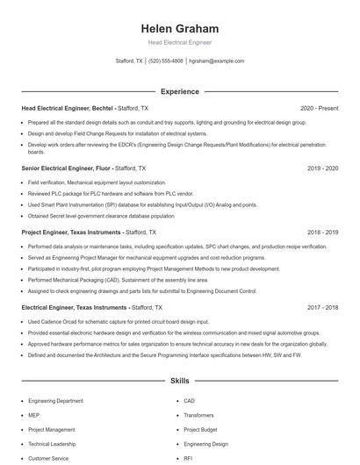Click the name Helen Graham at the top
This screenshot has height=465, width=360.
point(179,28)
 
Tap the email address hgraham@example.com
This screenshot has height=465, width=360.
point(216,61)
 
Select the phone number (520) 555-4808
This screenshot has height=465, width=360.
point(166,61)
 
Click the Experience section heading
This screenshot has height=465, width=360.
point(179,91)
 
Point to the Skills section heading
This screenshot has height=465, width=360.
point(179,382)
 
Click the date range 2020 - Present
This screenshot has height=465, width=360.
point(319,108)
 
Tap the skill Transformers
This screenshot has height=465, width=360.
point(198,415)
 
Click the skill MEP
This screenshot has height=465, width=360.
point(33,415)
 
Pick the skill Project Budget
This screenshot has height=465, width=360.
point(200,430)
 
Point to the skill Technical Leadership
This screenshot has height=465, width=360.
point(51,444)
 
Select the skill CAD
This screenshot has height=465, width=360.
point(189,400)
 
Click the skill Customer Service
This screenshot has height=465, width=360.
point(47,458)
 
